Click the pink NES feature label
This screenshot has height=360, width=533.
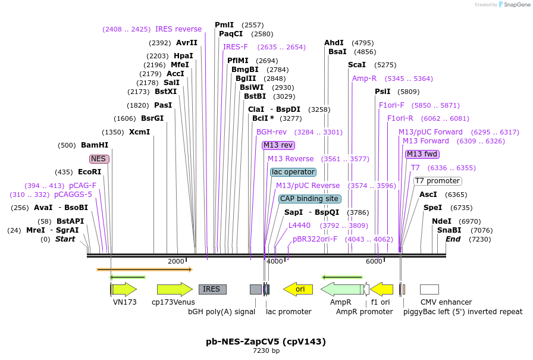point(99,159)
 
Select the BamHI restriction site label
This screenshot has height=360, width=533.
point(95,145)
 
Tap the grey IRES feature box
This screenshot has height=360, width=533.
point(212,289)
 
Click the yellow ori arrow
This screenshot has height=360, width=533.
point(298,289)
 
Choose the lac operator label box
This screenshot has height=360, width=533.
point(293,172)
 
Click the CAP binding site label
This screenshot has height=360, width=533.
point(309,199)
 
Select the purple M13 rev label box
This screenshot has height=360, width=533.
point(278,145)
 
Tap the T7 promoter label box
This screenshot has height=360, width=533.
point(438,181)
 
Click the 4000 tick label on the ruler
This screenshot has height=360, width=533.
point(275,262)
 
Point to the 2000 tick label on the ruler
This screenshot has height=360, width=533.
point(176,262)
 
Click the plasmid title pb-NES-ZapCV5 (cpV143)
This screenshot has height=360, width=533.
point(266,342)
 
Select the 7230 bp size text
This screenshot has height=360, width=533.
point(266,351)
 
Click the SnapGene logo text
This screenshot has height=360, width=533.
point(514,4)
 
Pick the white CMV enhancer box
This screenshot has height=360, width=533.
point(429,289)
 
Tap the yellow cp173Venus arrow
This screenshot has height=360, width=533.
point(175,289)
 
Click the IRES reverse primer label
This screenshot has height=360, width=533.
point(178,29)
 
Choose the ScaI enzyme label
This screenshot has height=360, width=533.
point(357,65)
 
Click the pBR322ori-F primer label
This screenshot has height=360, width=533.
point(315,239)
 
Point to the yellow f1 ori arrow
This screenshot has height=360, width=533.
point(382,289)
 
